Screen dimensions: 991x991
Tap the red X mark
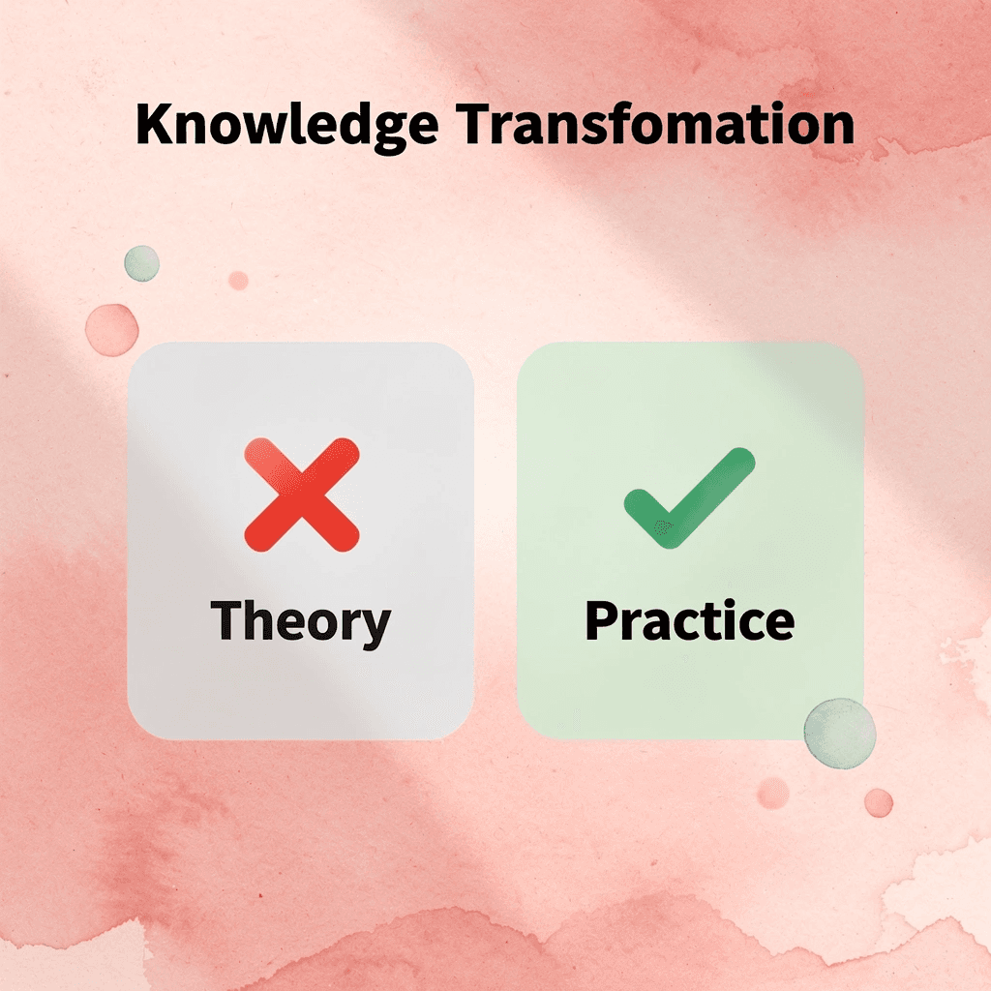coord(302,494)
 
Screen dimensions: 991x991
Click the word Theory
coord(301,621)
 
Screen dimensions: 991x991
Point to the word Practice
coord(689,621)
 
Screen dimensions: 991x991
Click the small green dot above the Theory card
coord(141,263)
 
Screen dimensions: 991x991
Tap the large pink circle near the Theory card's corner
coord(111,329)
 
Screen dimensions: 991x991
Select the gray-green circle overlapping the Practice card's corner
coord(839,734)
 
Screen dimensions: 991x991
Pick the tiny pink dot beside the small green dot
coord(238,280)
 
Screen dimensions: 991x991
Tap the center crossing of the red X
coord(302,494)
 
